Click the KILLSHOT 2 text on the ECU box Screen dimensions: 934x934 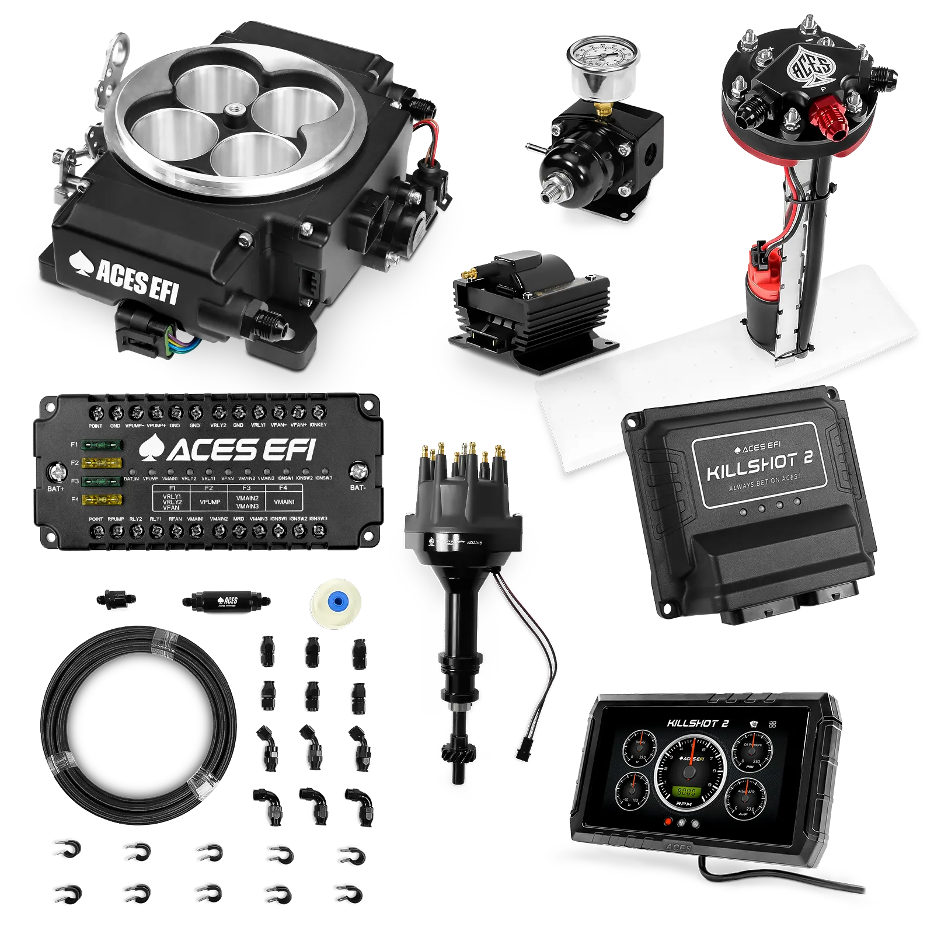coord(760,466)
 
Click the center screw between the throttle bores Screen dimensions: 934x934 coord(238,109)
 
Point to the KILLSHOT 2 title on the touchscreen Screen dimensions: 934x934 coord(697,723)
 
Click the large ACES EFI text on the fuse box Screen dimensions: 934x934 coord(228,450)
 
